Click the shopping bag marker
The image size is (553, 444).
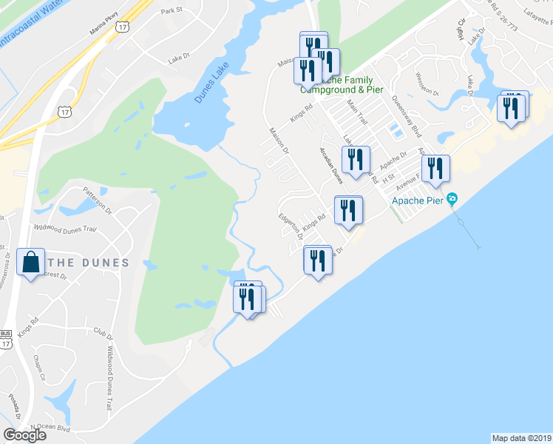coord(31,263)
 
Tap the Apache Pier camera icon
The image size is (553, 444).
coord(453,198)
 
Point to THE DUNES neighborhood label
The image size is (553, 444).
coord(89,263)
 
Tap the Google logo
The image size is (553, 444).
coord(24,434)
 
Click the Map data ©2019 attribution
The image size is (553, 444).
coord(522,438)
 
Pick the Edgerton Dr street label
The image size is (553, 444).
coord(291,225)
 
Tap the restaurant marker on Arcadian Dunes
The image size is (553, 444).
coord(356,161)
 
